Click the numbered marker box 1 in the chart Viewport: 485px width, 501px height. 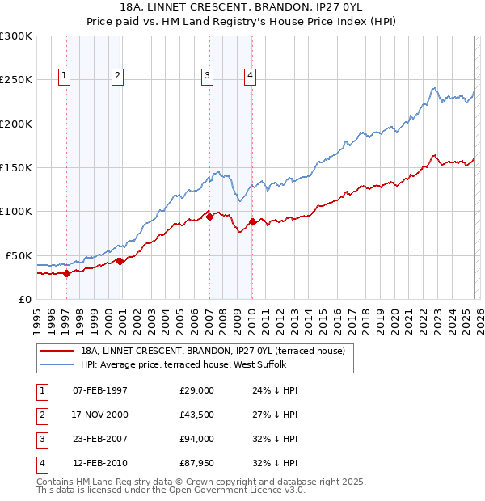pos(64,76)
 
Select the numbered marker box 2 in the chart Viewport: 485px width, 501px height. pos(117,76)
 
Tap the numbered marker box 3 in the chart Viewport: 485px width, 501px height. pos(207,76)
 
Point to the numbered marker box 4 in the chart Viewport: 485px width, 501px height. pos(251,76)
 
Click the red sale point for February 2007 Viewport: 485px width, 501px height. pos(209,217)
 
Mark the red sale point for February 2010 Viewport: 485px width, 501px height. pos(252,221)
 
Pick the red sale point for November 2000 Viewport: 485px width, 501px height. pos(120,260)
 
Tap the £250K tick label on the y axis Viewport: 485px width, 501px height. pos(16,80)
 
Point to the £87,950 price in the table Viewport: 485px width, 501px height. pos(197,463)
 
